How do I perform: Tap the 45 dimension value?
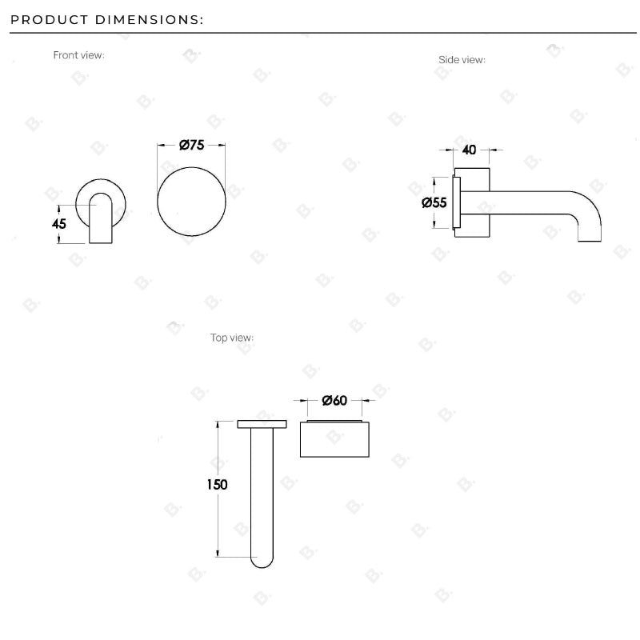click(x=58, y=224)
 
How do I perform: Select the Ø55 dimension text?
click(x=434, y=202)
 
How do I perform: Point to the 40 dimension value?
click(x=470, y=150)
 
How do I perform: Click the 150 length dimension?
click(x=217, y=485)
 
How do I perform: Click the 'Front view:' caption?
click(x=78, y=55)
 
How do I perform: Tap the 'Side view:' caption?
click(x=462, y=60)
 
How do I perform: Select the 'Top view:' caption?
click(x=232, y=338)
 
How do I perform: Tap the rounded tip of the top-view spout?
click(x=262, y=560)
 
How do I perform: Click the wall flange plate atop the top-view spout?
click(x=262, y=423)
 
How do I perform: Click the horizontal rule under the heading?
click(x=320, y=33)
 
